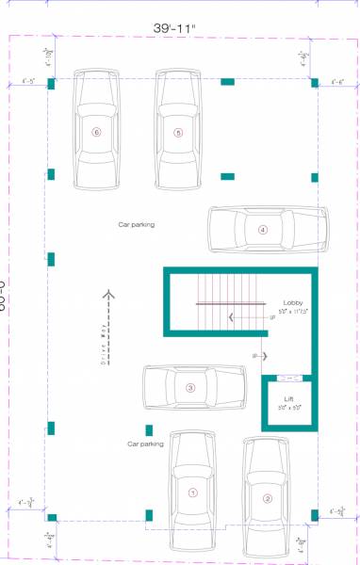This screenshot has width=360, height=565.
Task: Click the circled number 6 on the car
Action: pos(96,133)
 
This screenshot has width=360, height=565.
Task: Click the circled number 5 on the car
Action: pos(178,133)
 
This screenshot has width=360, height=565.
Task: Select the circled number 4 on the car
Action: pos(263,229)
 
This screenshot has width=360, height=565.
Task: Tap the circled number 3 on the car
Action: pos(190,387)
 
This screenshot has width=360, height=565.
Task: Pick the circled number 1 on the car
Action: pos(192,492)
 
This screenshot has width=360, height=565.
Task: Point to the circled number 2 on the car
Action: pos(268,499)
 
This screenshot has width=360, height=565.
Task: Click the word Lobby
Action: pos(292,301)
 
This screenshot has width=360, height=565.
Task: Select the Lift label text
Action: pos(288,399)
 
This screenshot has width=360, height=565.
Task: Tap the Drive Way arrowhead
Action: pos(108,295)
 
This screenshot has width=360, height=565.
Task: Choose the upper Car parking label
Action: pos(136,225)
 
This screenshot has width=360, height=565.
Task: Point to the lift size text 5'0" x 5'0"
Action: pos(288,408)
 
